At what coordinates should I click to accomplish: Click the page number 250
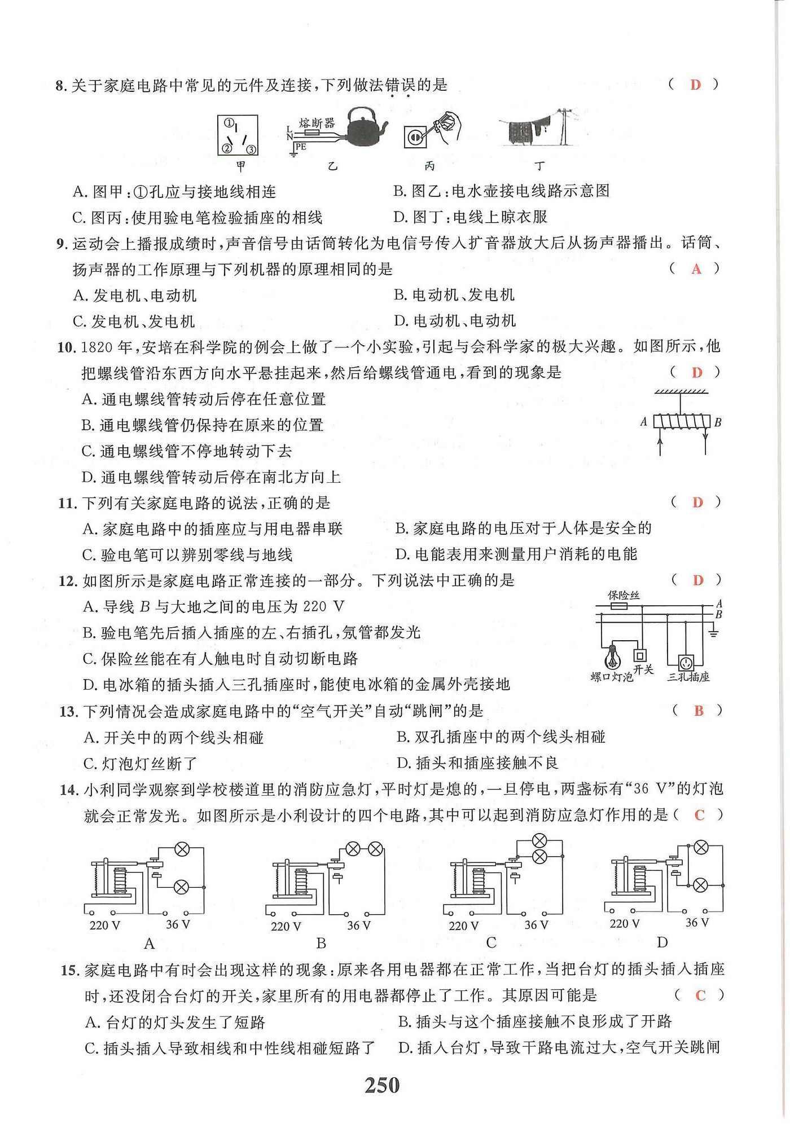(x=382, y=1085)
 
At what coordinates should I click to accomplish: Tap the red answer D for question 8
(x=695, y=85)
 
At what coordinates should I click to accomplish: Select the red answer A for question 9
(x=696, y=269)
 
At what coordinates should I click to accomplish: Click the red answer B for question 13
(x=699, y=711)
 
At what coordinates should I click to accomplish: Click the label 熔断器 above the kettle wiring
(x=317, y=123)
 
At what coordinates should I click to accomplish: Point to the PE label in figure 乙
(x=300, y=147)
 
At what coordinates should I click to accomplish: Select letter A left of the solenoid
(x=644, y=421)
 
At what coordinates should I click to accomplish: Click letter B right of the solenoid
(x=718, y=422)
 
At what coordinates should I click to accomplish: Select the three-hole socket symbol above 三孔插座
(x=687, y=661)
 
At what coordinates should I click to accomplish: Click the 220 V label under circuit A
(x=105, y=925)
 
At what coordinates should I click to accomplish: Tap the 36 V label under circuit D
(x=697, y=923)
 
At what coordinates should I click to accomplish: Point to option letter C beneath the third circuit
(x=491, y=943)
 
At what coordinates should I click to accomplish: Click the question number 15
(x=68, y=971)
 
